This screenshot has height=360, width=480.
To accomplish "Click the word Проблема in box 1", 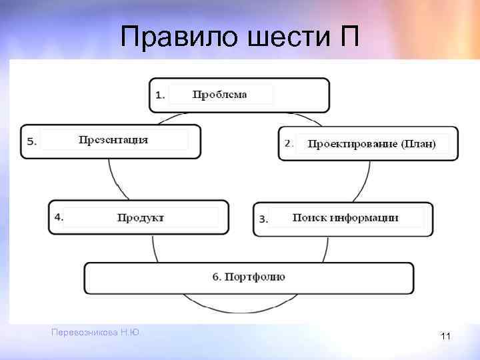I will (219, 95).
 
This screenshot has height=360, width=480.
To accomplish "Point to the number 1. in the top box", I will (160, 95).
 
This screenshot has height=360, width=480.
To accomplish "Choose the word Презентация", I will (113, 140).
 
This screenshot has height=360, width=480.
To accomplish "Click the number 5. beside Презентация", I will (32, 141).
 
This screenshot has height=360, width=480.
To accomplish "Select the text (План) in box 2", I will (419, 144).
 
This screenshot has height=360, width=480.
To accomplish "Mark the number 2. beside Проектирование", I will (289, 143).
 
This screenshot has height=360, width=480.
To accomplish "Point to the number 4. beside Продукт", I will (59, 216).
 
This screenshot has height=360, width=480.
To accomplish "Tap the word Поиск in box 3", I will (307, 217).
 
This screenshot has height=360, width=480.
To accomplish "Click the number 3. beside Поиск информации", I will (263, 219).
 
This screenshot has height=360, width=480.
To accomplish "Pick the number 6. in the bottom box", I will (217, 277).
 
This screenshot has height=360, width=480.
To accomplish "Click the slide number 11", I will (445, 337).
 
